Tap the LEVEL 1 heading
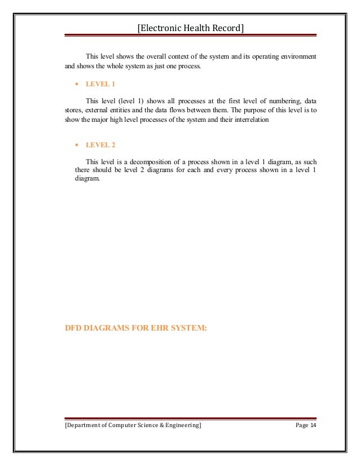click(x=100, y=83)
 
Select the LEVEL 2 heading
click(x=100, y=145)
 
